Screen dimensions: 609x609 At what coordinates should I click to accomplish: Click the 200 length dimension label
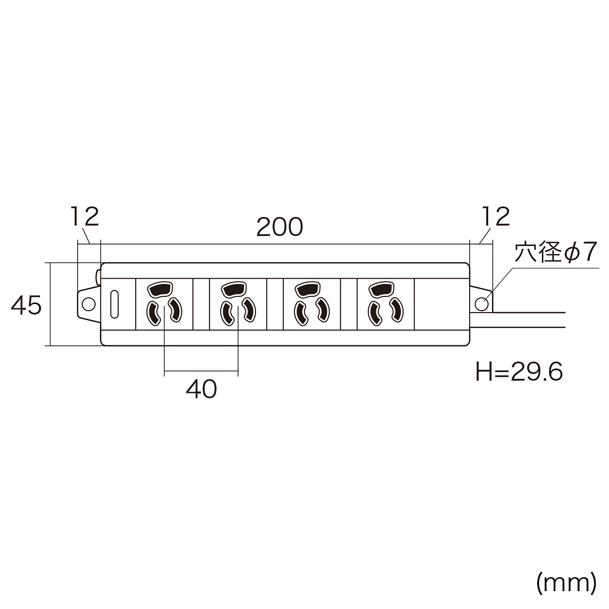point(279,227)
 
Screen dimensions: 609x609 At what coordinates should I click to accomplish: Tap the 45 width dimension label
point(27,305)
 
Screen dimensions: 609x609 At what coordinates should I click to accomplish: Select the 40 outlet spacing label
point(201,390)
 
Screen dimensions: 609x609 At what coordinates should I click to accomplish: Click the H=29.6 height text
point(519,372)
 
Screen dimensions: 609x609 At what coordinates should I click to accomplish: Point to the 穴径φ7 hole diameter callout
point(555,254)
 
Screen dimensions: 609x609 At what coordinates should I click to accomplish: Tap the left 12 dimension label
point(85,216)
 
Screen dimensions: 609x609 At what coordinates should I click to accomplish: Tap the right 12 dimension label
point(495,216)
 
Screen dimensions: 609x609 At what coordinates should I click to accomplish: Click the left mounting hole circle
point(88,304)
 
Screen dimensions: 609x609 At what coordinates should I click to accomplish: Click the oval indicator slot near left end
point(114,304)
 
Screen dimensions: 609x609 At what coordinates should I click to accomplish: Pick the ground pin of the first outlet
point(160,289)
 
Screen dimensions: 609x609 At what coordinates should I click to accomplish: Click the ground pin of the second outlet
point(233,289)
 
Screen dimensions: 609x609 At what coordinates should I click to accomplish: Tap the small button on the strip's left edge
point(98,277)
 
